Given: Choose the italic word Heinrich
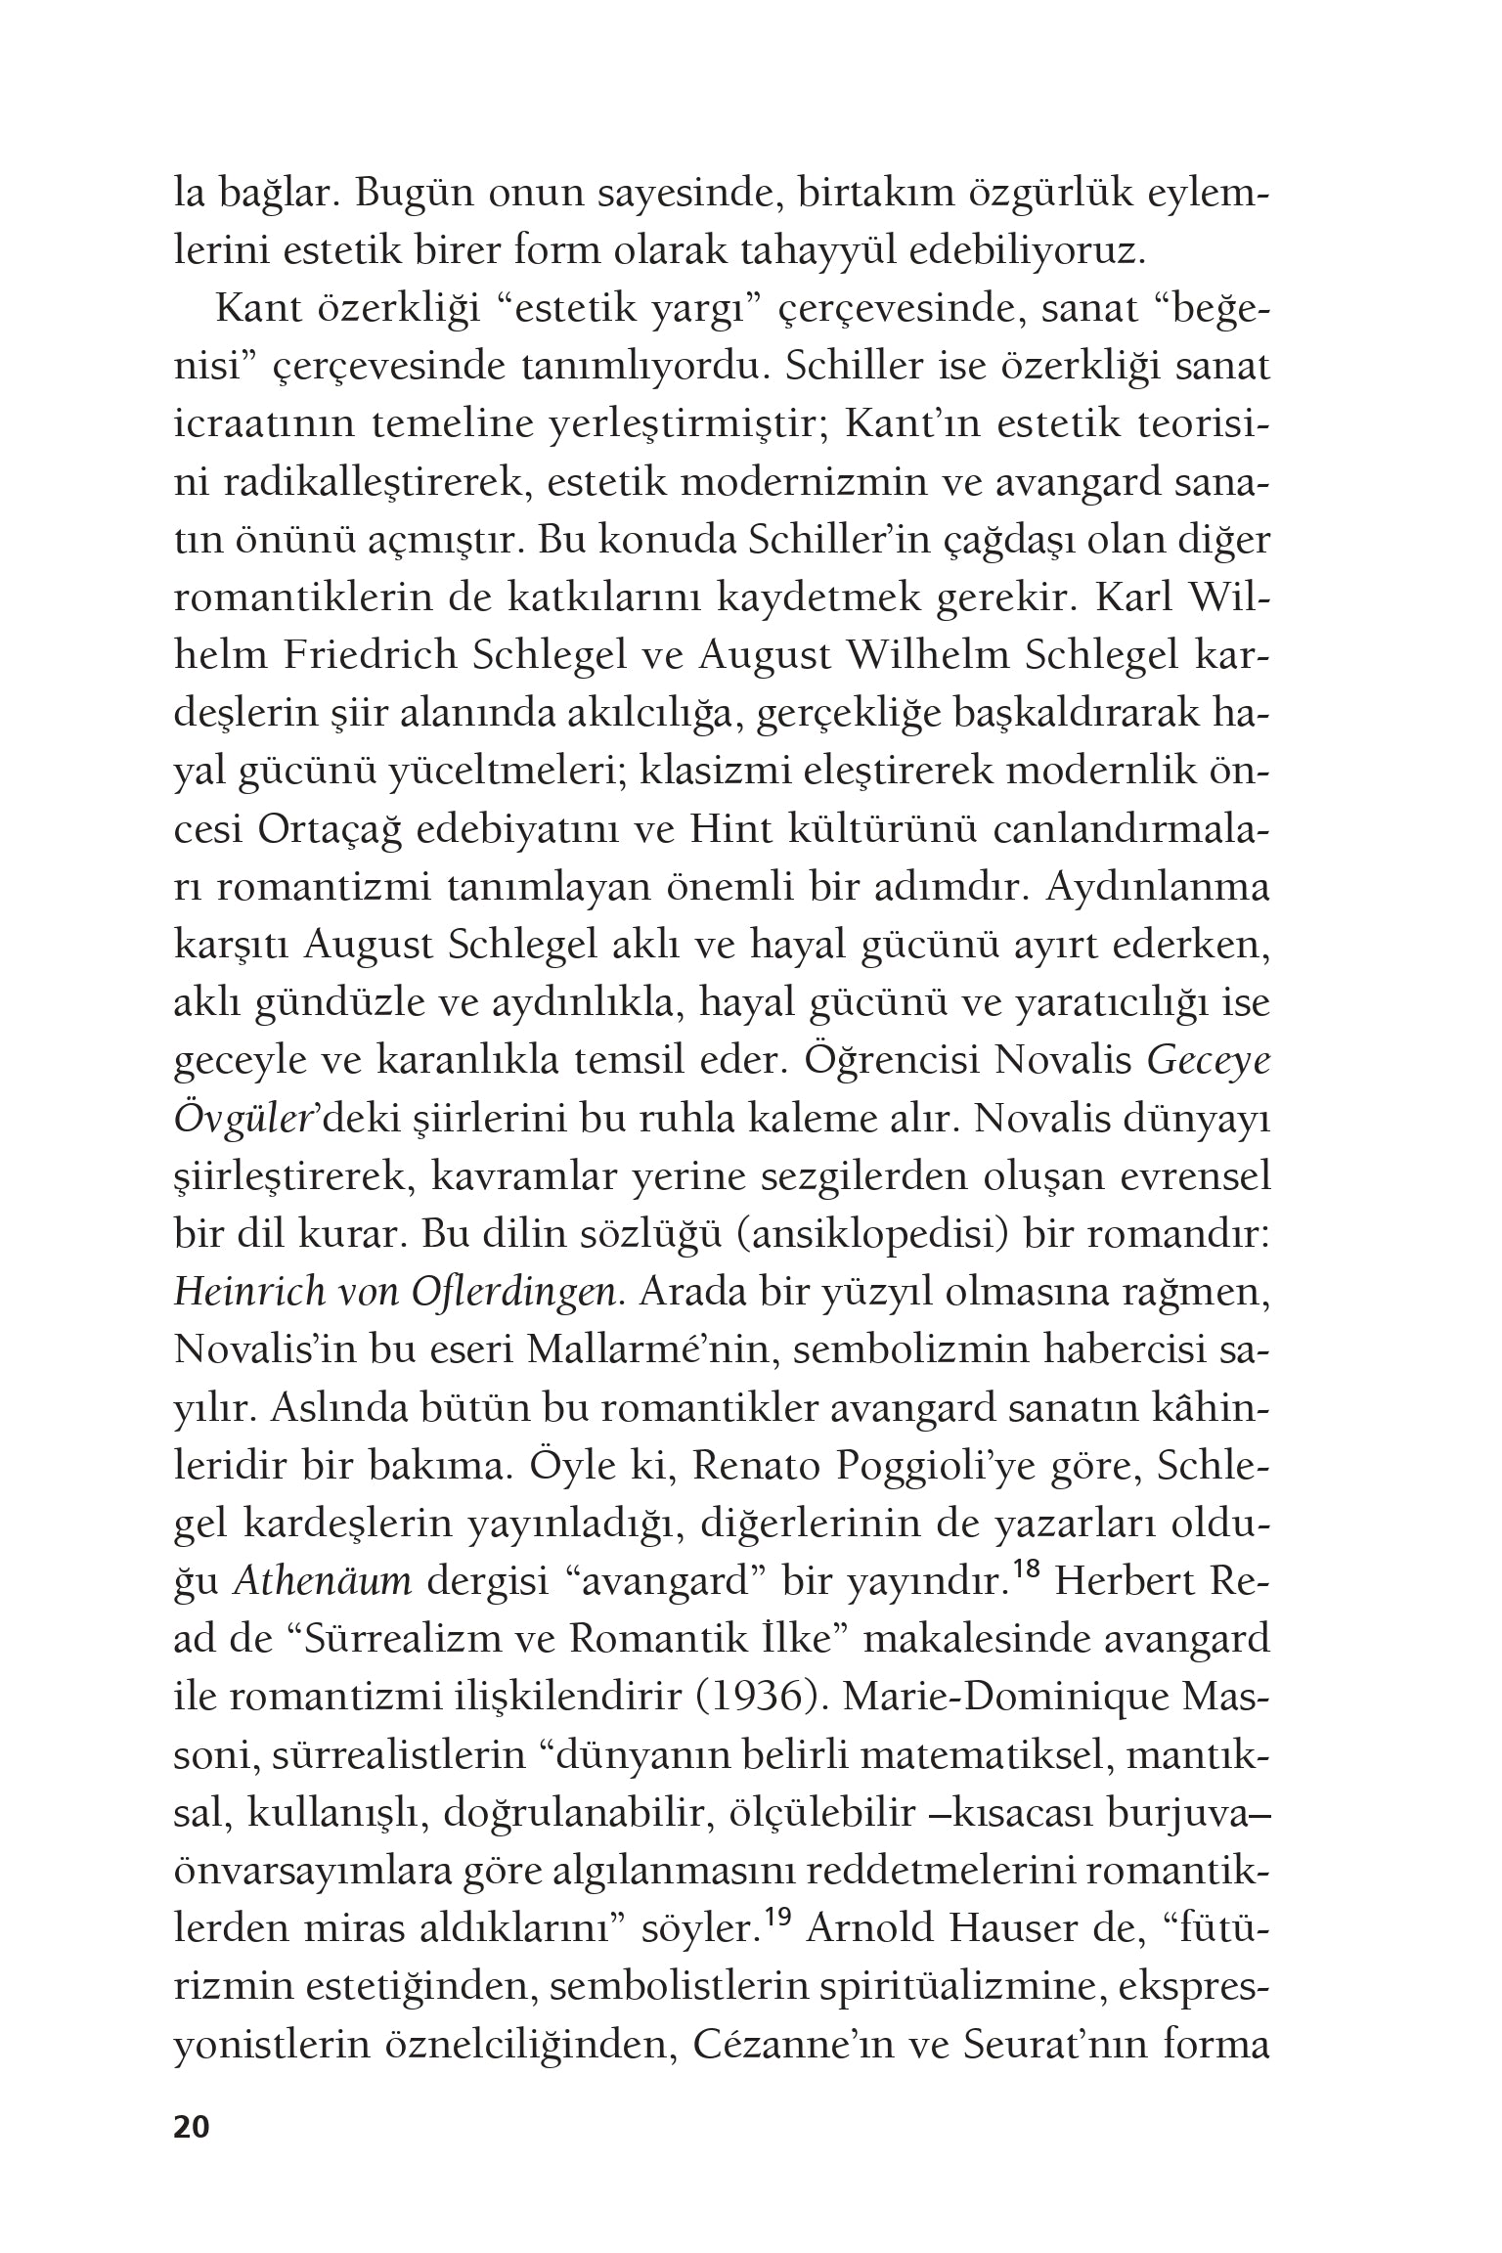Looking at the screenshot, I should pyautogui.click(x=235, y=1293).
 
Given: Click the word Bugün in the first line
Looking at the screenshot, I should pyautogui.click(x=407, y=192).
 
